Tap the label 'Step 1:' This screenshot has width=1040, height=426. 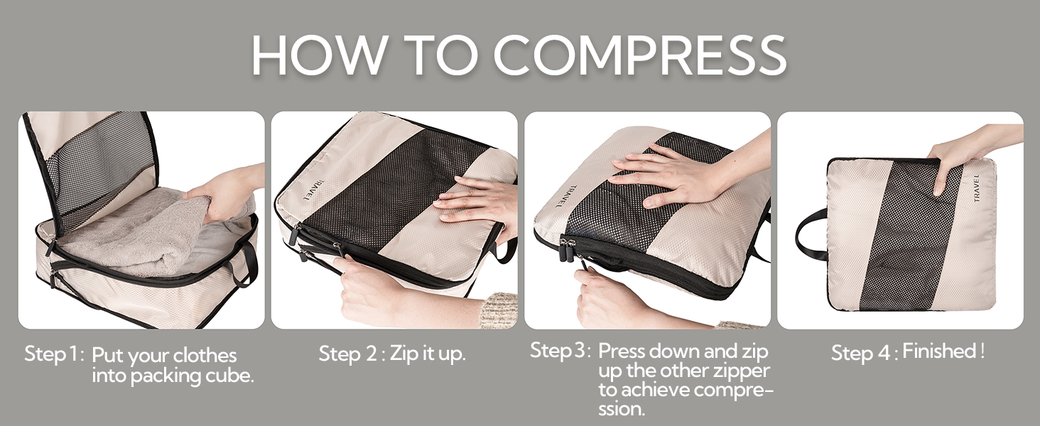coord(55,354)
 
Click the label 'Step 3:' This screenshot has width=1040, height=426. coord(560,351)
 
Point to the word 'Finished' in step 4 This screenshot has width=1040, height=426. coord(938,351)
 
